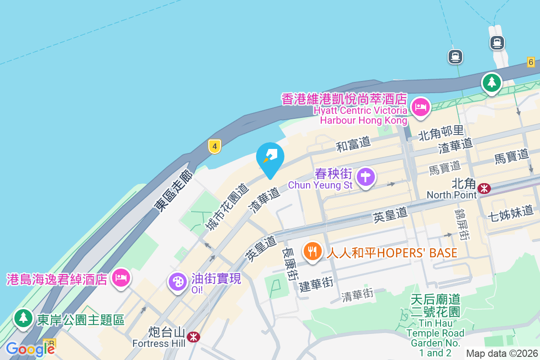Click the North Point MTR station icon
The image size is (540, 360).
pyautogui.click(x=484, y=189)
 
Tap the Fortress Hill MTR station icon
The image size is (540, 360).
pyautogui.click(x=193, y=336)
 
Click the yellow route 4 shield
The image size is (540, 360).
pyautogui.click(x=215, y=146)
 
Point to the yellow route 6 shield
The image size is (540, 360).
pyautogui.click(x=531, y=63)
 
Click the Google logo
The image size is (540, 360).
pyautogui.click(x=30, y=349)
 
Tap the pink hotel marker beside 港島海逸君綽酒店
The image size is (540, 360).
pyautogui.click(x=121, y=277)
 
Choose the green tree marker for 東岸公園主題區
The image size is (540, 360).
pyautogui.click(x=23, y=318)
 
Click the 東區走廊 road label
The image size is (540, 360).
pyautogui.click(x=173, y=191)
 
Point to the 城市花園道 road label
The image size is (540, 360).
pyautogui.click(x=227, y=207)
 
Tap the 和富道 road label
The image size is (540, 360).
pyautogui.click(x=353, y=144)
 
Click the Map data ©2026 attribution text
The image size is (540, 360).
pyautogui.click(x=502, y=353)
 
